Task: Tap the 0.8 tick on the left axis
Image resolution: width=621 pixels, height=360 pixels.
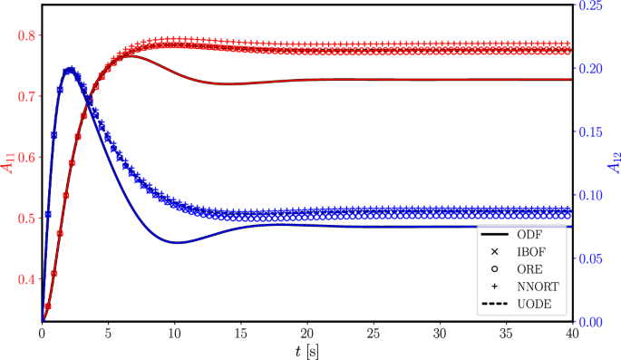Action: coord(25,35)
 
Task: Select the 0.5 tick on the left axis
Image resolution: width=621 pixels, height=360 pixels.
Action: coord(25,218)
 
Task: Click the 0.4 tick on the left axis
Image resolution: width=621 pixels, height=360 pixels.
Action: coord(25,278)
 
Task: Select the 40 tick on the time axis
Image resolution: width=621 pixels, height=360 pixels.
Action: coord(572,333)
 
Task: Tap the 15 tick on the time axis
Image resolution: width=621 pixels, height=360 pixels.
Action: coord(240,333)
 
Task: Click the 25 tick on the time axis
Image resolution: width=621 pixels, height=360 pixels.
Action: coord(373,333)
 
